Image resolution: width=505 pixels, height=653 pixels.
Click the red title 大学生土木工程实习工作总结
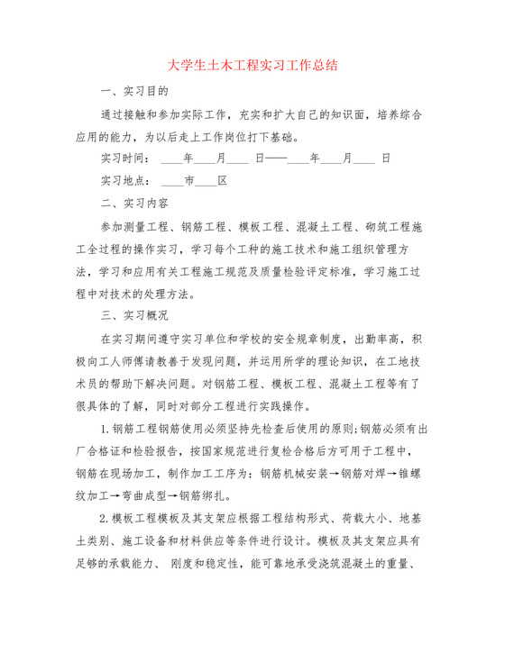[252, 66]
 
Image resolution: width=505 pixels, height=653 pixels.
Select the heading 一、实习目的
[134, 92]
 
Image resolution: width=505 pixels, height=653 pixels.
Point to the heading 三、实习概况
[134, 315]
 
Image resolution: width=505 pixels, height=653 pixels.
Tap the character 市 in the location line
[189, 181]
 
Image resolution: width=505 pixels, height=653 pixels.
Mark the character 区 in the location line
[222, 181]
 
